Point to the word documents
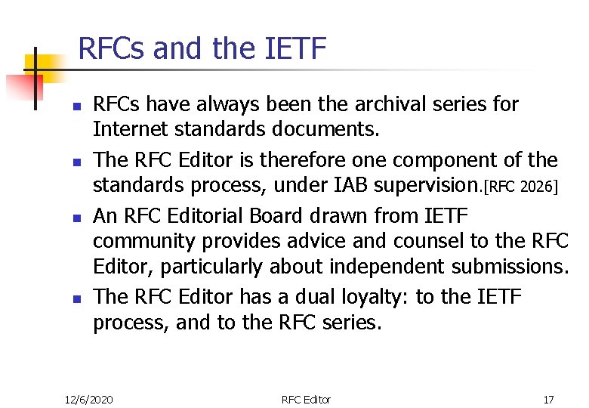pyautogui.click(x=329, y=129)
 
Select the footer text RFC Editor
pyautogui.click(x=306, y=399)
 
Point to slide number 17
pyautogui.click(x=548, y=399)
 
